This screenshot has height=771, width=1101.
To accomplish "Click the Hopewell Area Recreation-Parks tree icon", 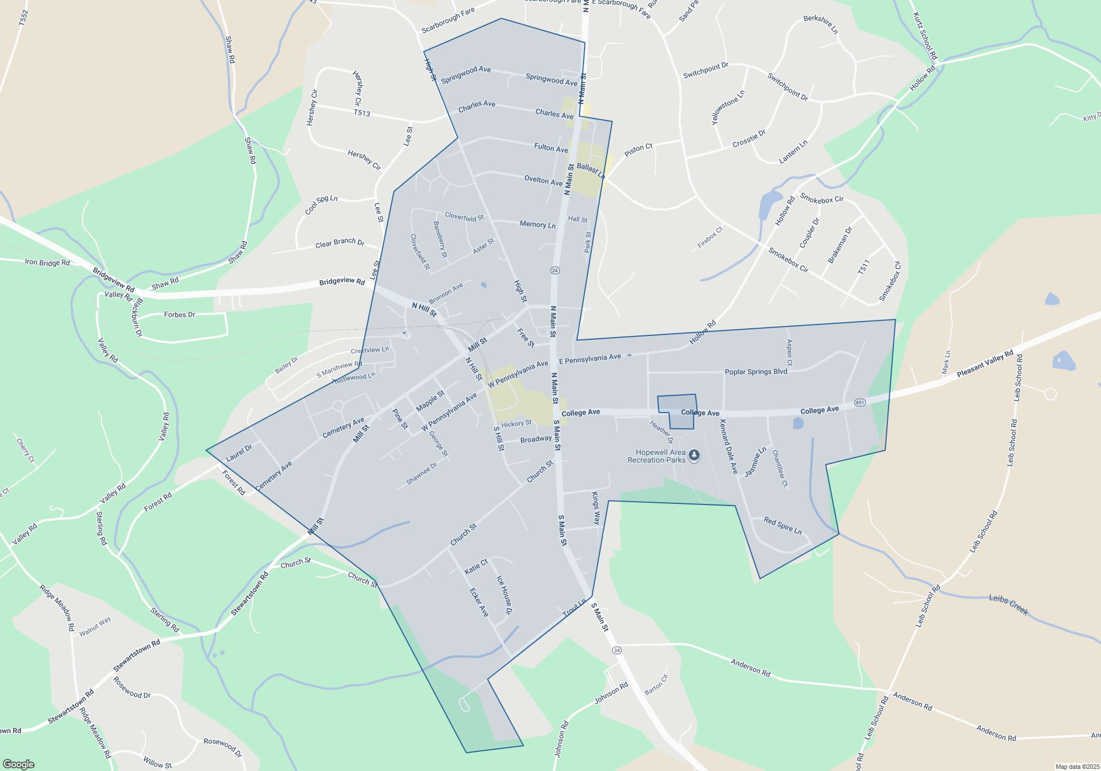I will pos(694,455).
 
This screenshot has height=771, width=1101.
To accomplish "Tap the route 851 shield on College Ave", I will pos(860,403).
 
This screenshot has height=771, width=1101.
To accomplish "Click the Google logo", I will pos(19,764).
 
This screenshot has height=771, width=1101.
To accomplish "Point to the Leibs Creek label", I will pos(1009,604).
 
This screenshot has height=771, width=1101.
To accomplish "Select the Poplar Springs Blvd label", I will pos(756,372).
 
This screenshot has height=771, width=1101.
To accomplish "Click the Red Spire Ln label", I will pos(782,525).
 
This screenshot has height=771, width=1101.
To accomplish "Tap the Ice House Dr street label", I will pos(504,595).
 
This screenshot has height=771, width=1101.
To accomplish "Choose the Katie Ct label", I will pos(476,566).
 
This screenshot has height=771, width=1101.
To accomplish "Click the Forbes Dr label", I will pos(179,315).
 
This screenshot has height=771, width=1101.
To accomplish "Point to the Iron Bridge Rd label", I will pos(47,262).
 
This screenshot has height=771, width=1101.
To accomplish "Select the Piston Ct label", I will pos(638,149).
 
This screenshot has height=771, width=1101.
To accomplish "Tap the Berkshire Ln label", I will pos(821,24).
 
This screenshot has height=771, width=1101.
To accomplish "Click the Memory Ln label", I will pos(537,224).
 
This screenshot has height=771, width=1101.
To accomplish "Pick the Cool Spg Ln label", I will pos(321,205).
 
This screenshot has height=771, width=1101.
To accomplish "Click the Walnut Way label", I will pos(95,627).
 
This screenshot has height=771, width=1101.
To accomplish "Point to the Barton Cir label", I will pos(656,685).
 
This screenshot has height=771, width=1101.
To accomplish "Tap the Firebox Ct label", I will pos(710,237).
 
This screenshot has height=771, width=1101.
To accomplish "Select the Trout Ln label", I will pos(574,608).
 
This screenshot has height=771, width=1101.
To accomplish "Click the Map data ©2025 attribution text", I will pos(1077,767).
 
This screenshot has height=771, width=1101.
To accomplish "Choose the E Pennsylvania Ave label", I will pos(590,359).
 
